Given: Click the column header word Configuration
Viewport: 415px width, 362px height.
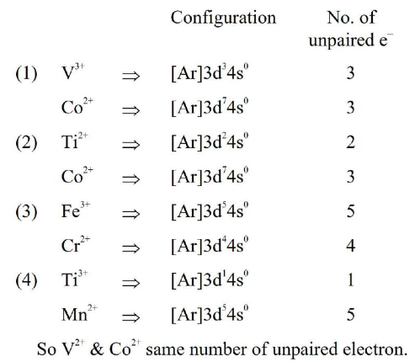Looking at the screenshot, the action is (x=223, y=19).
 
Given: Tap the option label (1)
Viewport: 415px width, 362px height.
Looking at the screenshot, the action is (x=26, y=73).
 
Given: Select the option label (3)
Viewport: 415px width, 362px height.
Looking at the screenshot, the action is (x=26, y=211).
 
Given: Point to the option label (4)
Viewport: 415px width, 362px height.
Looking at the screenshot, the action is (x=26, y=280).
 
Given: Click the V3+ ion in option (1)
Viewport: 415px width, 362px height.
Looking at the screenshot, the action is (x=72, y=72).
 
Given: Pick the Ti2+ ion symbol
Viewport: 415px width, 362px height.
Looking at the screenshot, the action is (x=74, y=141).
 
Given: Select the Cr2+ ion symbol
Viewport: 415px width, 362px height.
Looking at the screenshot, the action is (x=76, y=244).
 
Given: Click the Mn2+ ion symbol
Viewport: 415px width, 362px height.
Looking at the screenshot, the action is (x=79, y=313).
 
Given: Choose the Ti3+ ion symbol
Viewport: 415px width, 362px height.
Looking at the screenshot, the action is (x=74, y=279).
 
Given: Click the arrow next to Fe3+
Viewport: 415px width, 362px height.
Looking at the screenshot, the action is (x=130, y=214).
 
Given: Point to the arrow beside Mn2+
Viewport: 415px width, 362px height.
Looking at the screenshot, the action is (x=130, y=317).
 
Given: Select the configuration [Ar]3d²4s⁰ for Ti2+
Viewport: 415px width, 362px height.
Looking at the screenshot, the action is (x=210, y=142).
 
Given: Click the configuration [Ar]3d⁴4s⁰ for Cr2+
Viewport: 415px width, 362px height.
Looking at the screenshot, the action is (x=210, y=246).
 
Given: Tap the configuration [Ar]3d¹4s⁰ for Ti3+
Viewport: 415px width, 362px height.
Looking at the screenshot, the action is (x=210, y=280).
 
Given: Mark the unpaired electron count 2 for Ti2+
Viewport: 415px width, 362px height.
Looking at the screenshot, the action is (x=350, y=142).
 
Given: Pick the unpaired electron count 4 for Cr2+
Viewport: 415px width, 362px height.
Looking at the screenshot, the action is (x=350, y=246).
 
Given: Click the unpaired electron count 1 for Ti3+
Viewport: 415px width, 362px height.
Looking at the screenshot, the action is (x=350, y=280).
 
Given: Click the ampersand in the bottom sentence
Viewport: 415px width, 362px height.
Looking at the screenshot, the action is (x=97, y=349).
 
